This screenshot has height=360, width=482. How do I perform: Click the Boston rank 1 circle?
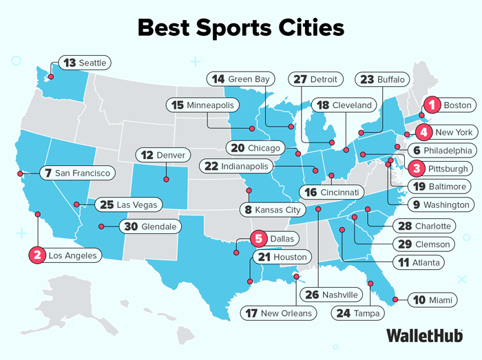[x=432, y=105]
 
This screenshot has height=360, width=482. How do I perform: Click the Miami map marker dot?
[x=395, y=299]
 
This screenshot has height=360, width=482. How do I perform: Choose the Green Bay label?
[x=241, y=79]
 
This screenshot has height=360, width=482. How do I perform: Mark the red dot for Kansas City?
[x=249, y=190]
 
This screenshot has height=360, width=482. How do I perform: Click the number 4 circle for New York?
[x=424, y=131]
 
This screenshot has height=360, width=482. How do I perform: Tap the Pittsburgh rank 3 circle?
[x=416, y=168]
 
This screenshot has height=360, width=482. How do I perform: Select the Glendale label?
[x=151, y=226]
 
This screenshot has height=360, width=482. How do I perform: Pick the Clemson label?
[x=424, y=244]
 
